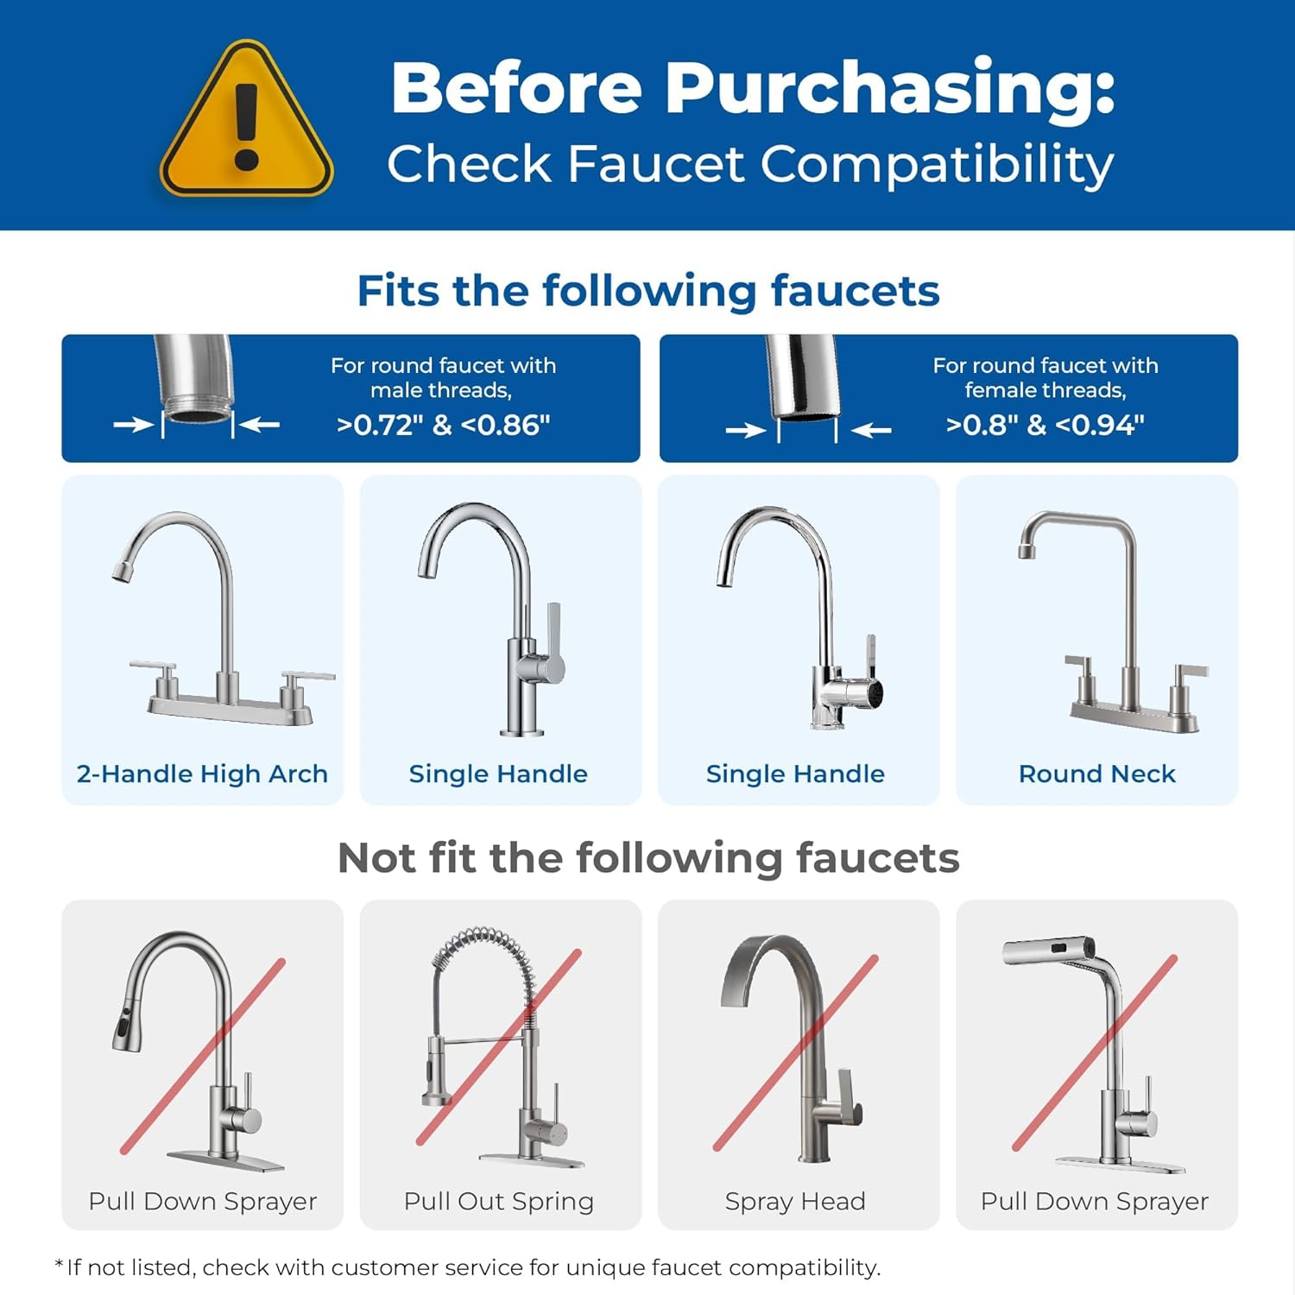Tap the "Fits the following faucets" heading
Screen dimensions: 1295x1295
pos(647,291)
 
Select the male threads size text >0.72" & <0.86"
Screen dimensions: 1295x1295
pos(443,425)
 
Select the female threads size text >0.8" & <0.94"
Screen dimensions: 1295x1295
pos(1045,425)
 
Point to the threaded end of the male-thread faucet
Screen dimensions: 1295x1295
pos(199,407)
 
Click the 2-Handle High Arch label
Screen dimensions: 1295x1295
pos(202,774)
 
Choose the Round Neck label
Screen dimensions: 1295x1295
pos(1096,774)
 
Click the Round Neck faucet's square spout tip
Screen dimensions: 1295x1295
pos(1027,550)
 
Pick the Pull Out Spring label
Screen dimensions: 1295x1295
pos(499,1201)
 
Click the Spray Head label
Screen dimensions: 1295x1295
pos(795,1201)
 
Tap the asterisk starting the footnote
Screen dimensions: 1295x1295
pos(59,1265)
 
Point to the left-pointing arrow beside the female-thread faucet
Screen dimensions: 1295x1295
pos(872,430)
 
